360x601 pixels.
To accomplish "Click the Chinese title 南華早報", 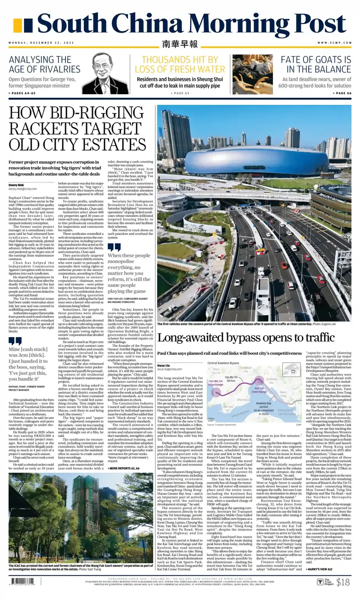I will click(180, 44).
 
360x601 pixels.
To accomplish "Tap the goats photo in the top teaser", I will click(252, 74).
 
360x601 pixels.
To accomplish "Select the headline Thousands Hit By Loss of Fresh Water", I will click(180, 65).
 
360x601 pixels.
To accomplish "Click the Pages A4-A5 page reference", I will click(23, 93).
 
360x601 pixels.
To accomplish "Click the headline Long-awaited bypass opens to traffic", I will click(246, 337).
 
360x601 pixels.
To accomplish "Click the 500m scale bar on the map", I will click(211, 419).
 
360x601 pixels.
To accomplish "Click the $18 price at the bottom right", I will click(343, 582).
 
